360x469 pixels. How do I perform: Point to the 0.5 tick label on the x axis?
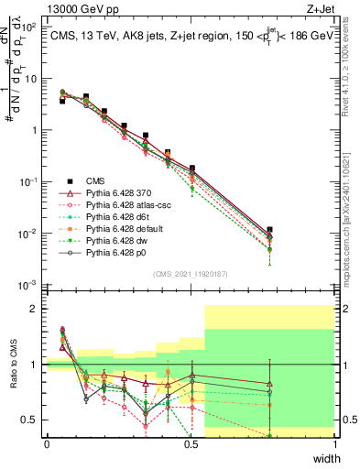191,444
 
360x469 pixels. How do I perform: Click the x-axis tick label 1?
334,444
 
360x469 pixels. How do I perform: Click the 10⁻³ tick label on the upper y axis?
30,286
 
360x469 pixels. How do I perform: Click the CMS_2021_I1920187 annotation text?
191,272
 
